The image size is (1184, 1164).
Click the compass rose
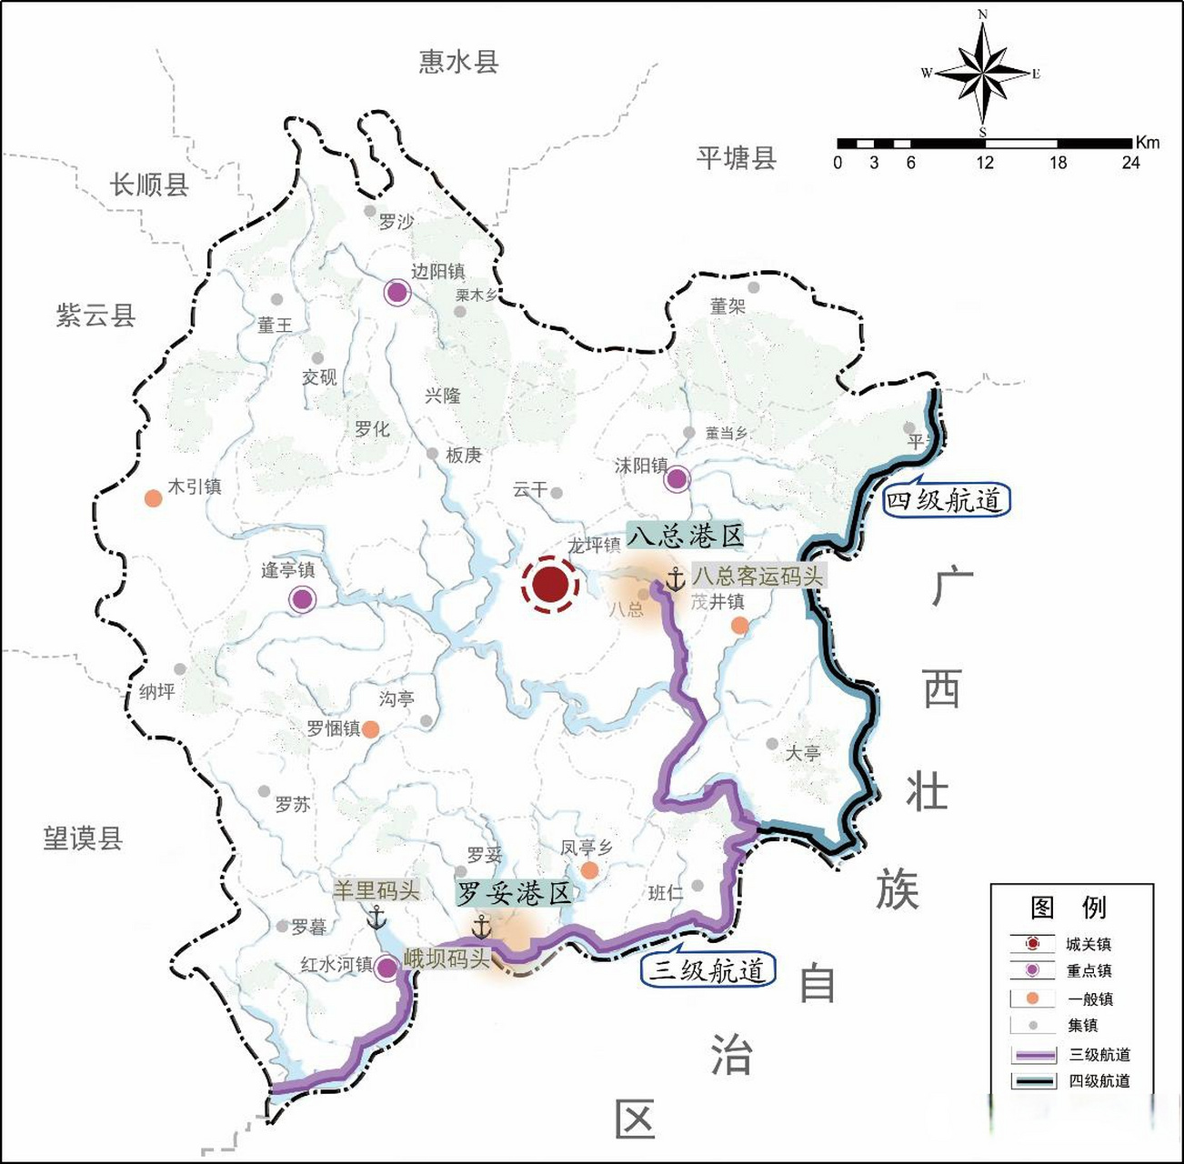click(x=982, y=73)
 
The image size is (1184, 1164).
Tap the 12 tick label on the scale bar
click(x=985, y=163)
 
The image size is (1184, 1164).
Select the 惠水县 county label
click(x=458, y=62)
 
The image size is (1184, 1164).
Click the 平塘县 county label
click(x=737, y=158)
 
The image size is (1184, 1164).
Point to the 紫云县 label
click(x=95, y=316)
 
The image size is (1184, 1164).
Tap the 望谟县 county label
click(x=83, y=838)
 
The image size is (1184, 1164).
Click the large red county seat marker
click(x=550, y=585)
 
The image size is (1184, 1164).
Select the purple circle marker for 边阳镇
click(x=396, y=292)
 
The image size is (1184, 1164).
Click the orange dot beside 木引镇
click(x=154, y=498)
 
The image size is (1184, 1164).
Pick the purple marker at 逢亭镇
click(x=302, y=599)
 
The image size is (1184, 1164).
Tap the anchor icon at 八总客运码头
click(x=675, y=578)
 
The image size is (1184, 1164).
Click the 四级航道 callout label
click(x=946, y=500)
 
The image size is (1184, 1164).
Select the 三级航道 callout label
click(x=708, y=970)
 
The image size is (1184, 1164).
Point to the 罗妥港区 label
click(x=514, y=892)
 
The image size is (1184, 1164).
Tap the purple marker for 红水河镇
click(x=386, y=968)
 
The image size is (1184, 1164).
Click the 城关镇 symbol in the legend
click(x=1032, y=944)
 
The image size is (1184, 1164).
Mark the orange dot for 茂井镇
click(x=740, y=625)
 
